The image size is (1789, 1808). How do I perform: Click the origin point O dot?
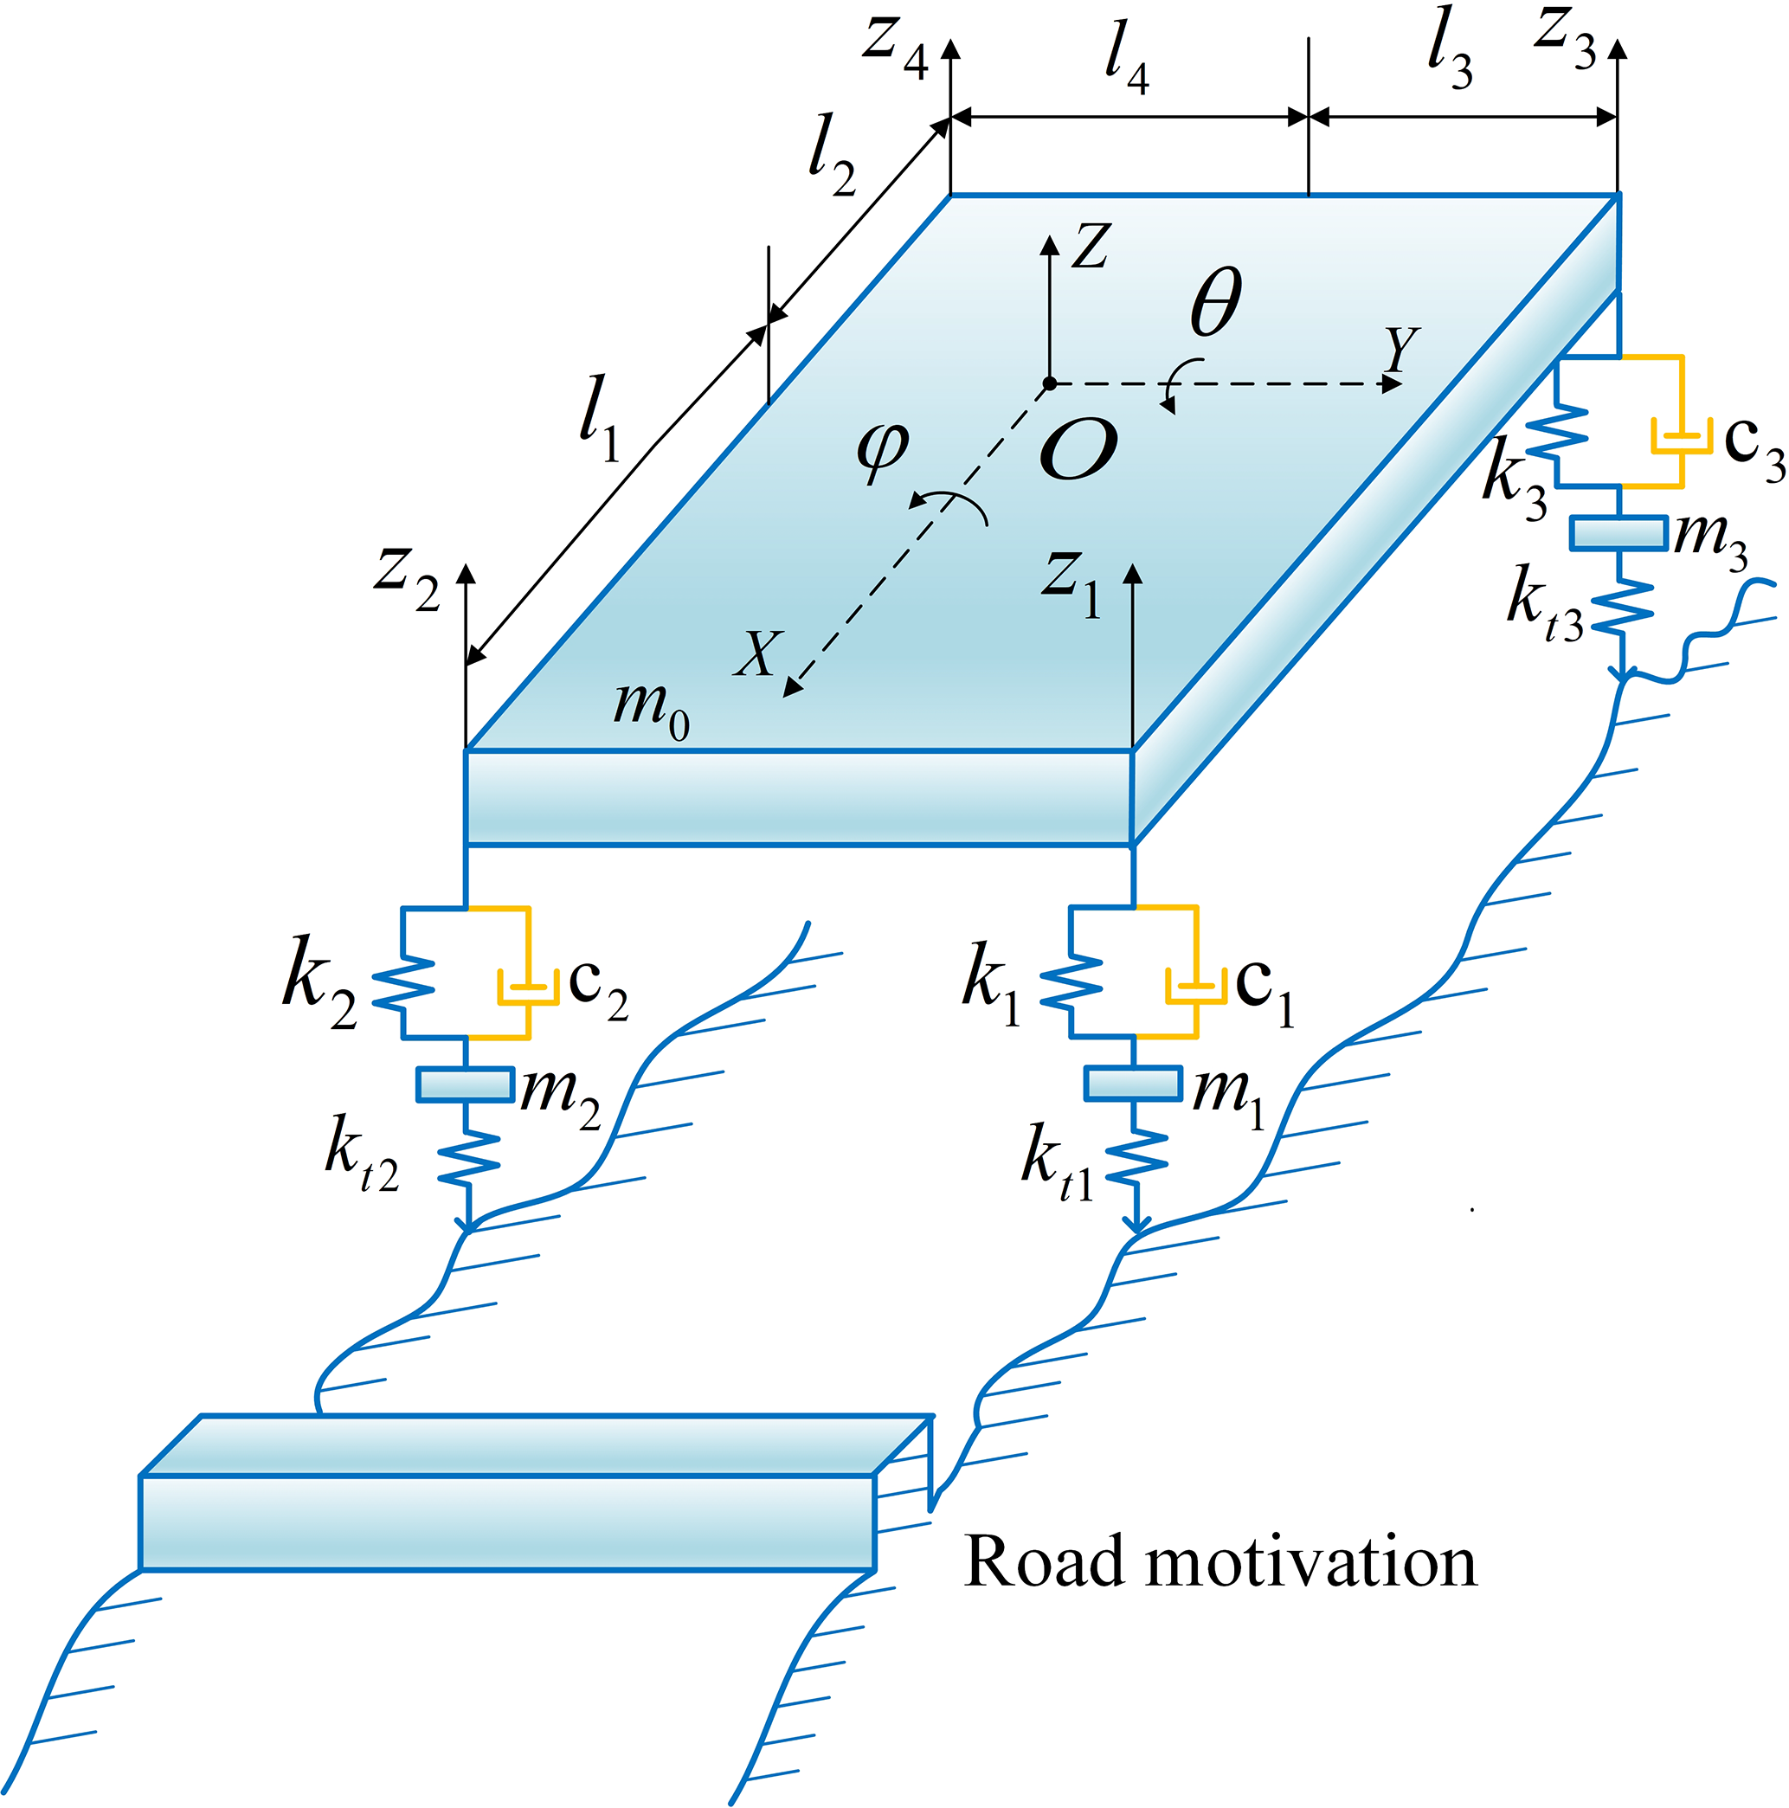(x=1050, y=383)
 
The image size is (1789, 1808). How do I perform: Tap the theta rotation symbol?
(x=1215, y=300)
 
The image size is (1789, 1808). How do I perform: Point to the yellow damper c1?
(x=1195, y=986)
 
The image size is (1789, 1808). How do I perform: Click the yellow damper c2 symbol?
(x=528, y=986)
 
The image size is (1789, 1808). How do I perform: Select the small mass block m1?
(x=1133, y=1083)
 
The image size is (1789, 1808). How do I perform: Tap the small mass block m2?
(x=465, y=1084)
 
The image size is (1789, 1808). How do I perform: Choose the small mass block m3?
(x=1618, y=533)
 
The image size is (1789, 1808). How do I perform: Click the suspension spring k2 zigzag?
(x=404, y=983)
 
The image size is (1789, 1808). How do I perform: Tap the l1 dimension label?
(x=599, y=419)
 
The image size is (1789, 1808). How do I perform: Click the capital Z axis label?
(x=1090, y=246)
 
